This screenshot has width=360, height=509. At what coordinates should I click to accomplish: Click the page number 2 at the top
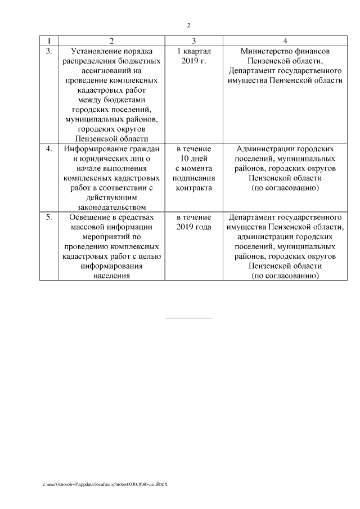click(189, 25)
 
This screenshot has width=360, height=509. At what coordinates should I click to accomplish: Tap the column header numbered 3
click(193, 41)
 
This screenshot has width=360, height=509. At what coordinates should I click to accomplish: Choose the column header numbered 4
click(285, 41)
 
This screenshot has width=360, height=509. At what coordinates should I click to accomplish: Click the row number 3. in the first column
click(49, 51)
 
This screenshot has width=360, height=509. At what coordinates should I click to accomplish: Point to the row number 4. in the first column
click(49, 149)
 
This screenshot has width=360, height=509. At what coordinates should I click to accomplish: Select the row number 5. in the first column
click(49, 217)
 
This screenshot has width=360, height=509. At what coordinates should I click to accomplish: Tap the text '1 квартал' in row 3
click(193, 51)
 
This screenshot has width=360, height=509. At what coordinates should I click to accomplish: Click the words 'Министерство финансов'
click(285, 51)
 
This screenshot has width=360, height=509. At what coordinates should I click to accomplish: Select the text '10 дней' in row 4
click(193, 159)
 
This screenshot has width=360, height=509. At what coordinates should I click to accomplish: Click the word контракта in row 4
click(193, 188)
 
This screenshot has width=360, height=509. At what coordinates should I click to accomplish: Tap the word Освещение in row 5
click(89, 217)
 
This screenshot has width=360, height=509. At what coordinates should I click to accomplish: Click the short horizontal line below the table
click(188, 318)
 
